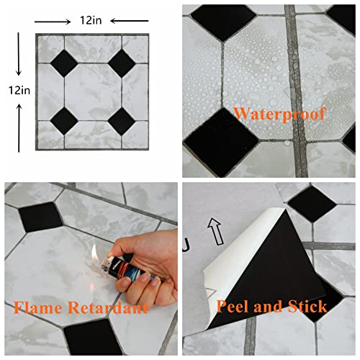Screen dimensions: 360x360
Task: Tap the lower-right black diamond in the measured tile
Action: point(120,120)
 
